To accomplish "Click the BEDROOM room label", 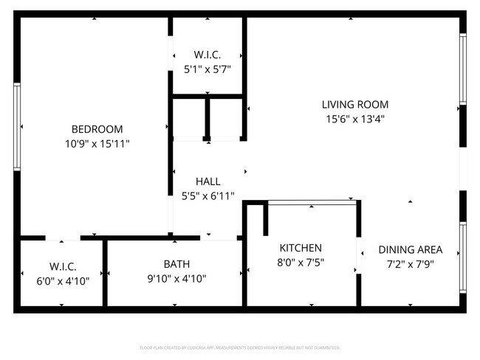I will [97, 128].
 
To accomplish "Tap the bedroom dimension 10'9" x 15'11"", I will [97, 144].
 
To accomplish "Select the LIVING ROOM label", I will [354, 105].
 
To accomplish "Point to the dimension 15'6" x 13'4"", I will [354, 120].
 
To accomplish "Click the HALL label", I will [208, 181].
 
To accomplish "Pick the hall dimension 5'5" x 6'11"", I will [208, 196].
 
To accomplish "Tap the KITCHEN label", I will [300, 248].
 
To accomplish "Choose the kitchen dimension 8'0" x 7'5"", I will [300, 263].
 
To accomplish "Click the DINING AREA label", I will [410, 249].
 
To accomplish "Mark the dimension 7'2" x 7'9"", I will [410, 264].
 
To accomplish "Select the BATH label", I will [176, 264].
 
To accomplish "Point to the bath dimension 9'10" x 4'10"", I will [176, 279].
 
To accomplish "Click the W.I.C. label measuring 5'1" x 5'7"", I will [208, 55].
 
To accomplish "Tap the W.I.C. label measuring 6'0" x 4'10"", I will [63, 266].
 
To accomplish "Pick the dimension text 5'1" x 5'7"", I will [208, 70].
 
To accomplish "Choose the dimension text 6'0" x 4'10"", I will [63, 280].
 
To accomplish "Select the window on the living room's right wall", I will [463, 69].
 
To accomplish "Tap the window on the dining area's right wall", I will [463, 258].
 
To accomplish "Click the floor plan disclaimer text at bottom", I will [239, 347].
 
